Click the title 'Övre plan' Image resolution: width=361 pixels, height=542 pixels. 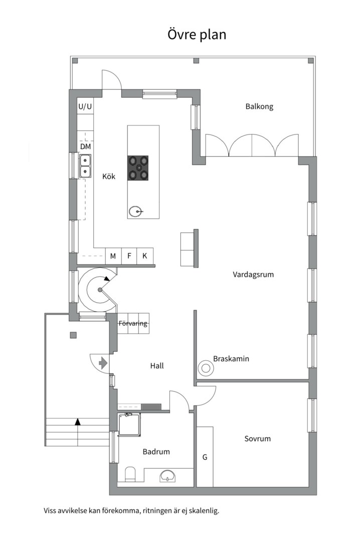pyautogui.click(x=197, y=35)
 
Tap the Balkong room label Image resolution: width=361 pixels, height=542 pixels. pyautogui.click(x=259, y=106)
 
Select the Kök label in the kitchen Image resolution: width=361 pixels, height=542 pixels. pyautogui.click(x=109, y=176)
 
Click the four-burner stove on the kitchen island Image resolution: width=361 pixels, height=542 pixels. pyautogui.click(x=138, y=168)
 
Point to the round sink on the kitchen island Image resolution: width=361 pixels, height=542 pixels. pyautogui.click(x=136, y=212)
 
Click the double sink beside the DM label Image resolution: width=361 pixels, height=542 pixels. pyautogui.click(x=85, y=166)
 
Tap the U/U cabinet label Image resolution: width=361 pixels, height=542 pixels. pyautogui.click(x=85, y=106)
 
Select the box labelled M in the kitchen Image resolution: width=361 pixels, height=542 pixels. pyautogui.click(x=113, y=256)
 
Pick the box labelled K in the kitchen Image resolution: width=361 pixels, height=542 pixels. pyautogui.click(x=145, y=256)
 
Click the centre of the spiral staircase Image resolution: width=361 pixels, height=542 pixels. pyautogui.click(x=100, y=290)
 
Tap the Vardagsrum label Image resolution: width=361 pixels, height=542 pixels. pyautogui.click(x=253, y=275)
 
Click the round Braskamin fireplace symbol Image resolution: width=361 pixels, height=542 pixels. pyautogui.click(x=206, y=368)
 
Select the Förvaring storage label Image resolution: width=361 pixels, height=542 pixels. pyautogui.click(x=133, y=324)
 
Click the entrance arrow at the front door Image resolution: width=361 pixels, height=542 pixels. pyautogui.click(x=103, y=363)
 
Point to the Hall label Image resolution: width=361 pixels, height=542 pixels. pyautogui.click(x=157, y=366)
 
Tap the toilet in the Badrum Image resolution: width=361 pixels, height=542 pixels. pyautogui.click(x=130, y=474)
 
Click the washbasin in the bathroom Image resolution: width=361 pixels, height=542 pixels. pyautogui.click(x=167, y=476)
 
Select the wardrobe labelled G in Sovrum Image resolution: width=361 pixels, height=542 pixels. pyautogui.click(x=205, y=457)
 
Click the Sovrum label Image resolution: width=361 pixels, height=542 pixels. pyautogui.click(x=257, y=439)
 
